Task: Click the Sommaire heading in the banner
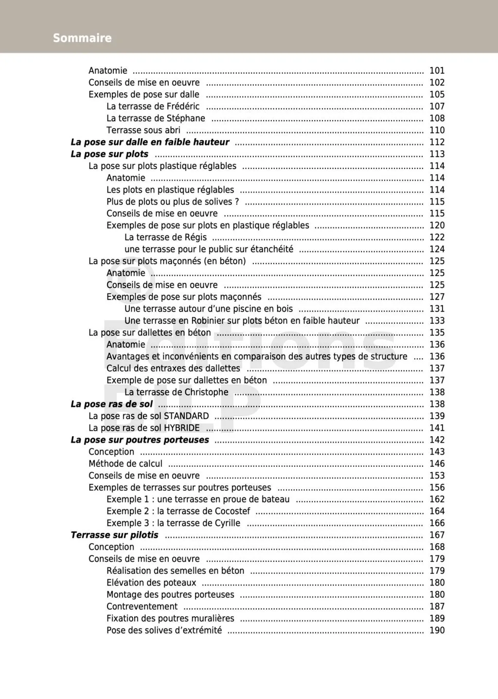pyautogui.click(x=82, y=38)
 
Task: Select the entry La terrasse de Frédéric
pyautogui.click(x=153, y=106)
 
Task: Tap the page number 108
pyautogui.click(x=437, y=118)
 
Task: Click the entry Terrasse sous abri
pyautogui.click(x=143, y=130)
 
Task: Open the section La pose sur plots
pyautogui.click(x=109, y=154)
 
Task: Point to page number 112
pyautogui.click(x=437, y=142)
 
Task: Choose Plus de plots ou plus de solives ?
pyautogui.click(x=173, y=202)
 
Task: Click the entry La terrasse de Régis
pyautogui.click(x=165, y=237)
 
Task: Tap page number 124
pyautogui.click(x=437, y=249)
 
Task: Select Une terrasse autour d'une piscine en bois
pyautogui.click(x=209, y=309)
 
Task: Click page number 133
pyautogui.click(x=437, y=321)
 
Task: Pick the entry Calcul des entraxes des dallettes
pyautogui.click(x=173, y=368)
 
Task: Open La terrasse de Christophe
pyautogui.click(x=176, y=392)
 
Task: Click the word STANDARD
pyautogui.click(x=186, y=416)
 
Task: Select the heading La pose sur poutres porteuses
pyautogui.click(x=140, y=440)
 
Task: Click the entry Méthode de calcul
pyautogui.click(x=125, y=464)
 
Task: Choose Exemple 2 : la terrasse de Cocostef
pyautogui.click(x=178, y=511)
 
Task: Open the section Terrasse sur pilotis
pyautogui.click(x=114, y=535)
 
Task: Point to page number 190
pyautogui.click(x=437, y=630)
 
